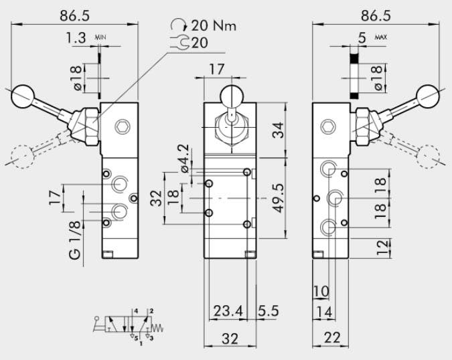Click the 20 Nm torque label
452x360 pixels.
click(214, 26)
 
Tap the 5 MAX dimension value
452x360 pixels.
click(362, 39)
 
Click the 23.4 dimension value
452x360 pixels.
click(228, 310)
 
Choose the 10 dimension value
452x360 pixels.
click(321, 291)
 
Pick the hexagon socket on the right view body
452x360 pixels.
click(328, 126)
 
